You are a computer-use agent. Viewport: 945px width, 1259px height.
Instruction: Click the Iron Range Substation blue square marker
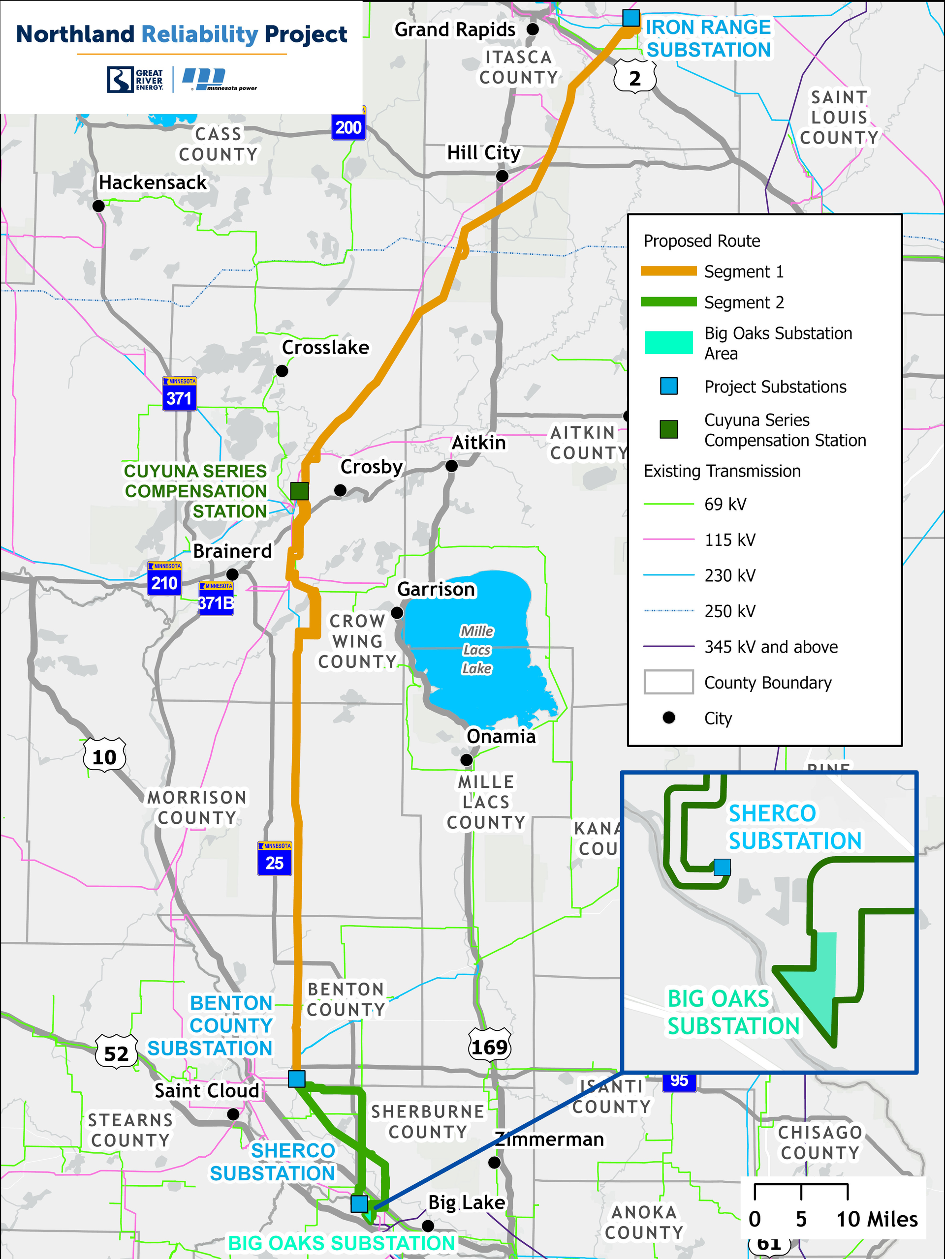click(x=630, y=18)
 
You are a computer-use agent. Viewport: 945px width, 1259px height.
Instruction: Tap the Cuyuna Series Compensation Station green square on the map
click(x=300, y=491)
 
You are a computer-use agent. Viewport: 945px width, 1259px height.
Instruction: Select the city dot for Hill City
click(x=502, y=176)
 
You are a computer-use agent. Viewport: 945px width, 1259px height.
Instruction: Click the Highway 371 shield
click(x=179, y=394)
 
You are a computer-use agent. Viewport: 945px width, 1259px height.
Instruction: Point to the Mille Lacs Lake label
click(x=477, y=650)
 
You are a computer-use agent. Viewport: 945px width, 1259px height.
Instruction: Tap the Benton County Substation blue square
click(x=296, y=1079)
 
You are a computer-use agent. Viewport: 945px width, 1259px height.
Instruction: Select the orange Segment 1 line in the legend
click(x=669, y=271)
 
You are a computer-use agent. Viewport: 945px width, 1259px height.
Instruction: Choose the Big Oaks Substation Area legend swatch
click(x=669, y=343)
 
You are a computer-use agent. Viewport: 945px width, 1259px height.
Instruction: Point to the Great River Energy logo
click(x=135, y=80)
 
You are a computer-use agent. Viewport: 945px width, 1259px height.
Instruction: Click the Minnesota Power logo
click(x=220, y=80)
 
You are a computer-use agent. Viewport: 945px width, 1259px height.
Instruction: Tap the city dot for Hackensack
click(x=98, y=206)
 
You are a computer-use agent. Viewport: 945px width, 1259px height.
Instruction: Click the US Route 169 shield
click(x=489, y=1046)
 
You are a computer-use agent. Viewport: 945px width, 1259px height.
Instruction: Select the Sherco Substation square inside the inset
click(x=722, y=867)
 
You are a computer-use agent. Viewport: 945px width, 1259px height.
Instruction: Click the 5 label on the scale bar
click(x=801, y=1219)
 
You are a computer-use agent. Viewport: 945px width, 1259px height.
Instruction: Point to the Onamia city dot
click(x=467, y=760)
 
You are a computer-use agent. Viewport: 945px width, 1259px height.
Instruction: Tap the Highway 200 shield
click(x=348, y=126)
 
